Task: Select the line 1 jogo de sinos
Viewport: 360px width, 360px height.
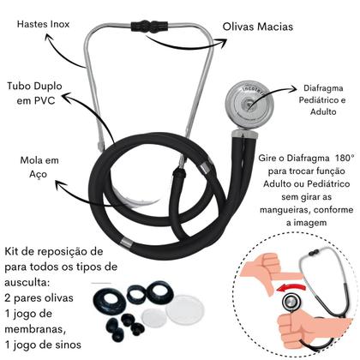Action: point(51,345)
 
